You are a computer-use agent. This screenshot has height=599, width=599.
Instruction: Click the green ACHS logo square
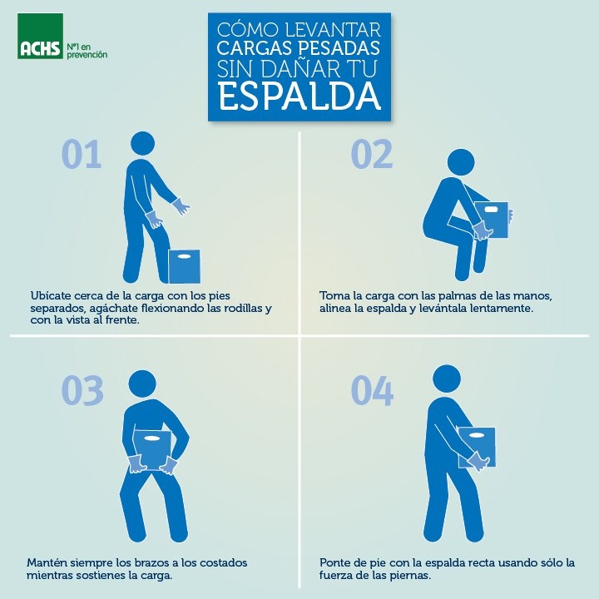[40, 36]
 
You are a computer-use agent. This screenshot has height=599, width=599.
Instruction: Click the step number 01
[82, 154]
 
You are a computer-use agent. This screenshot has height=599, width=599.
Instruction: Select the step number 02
[372, 154]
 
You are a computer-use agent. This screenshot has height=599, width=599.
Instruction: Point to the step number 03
[82, 390]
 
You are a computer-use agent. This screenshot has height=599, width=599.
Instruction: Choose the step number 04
[372, 390]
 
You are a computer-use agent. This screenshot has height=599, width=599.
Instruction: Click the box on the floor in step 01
[185, 266]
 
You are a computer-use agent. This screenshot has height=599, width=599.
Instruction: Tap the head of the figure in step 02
[461, 162]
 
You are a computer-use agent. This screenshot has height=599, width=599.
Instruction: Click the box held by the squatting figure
[492, 220]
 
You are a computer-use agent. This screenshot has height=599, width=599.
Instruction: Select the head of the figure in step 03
[142, 384]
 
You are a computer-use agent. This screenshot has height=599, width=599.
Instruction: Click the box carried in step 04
[477, 447]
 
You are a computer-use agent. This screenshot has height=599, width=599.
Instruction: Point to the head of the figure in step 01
[142, 144]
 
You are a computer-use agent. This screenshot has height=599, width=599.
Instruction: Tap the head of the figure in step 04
[447, 379]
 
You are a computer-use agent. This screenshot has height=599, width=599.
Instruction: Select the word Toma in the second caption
[332, 295]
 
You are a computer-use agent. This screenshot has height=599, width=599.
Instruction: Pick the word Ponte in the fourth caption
[333, 562]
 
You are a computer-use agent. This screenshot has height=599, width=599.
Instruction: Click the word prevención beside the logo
[87, 55]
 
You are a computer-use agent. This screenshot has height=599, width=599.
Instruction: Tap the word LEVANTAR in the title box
[333, 30]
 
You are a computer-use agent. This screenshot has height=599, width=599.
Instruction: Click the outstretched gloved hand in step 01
[181, 206]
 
